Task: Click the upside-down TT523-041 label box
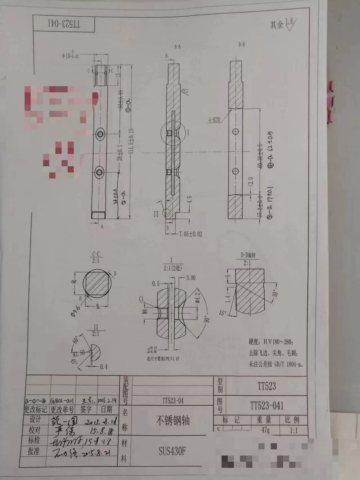(64, 24)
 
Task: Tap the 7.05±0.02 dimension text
(190, 234)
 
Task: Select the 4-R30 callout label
(214, 120)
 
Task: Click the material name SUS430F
(172, 451)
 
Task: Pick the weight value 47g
(265, 430)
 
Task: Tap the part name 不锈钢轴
(173, 420)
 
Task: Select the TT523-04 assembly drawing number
(173, 401)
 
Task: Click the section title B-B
(242, 44)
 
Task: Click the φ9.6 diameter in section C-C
(75, 311)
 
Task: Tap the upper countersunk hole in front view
(100, 134)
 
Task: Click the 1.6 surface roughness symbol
(290, 24)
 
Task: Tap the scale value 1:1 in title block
(293, 430)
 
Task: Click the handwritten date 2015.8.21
(96, 452)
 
